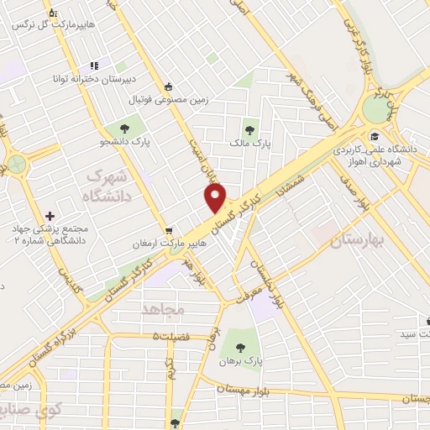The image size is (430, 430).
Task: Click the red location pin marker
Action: [x=216, y=198]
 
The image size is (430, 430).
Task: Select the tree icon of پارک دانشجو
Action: [x=124, y=128]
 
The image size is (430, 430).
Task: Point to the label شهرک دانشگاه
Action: [x=105, y=186]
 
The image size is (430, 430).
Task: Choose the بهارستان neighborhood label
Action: [x=340, y=240]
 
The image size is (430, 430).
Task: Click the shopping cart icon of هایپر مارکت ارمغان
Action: [x=170, y=229]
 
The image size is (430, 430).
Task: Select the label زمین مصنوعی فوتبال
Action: [x=168, y=100]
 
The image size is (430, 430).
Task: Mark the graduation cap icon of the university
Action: [x=373, y=137]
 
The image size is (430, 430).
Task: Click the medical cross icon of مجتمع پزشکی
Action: [x=51, y=216]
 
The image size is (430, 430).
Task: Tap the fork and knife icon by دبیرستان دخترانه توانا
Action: [x=95, y=66]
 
